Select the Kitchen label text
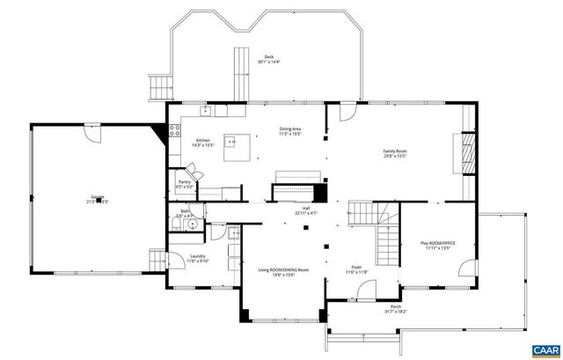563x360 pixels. click(203, 141)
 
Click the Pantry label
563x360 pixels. click(184, 182)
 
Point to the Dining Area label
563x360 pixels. click(290, 130)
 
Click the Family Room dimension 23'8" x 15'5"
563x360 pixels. click(394, 157)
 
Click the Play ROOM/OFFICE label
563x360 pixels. click(438, 244)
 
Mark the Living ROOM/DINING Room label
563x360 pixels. click(283, 270)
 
